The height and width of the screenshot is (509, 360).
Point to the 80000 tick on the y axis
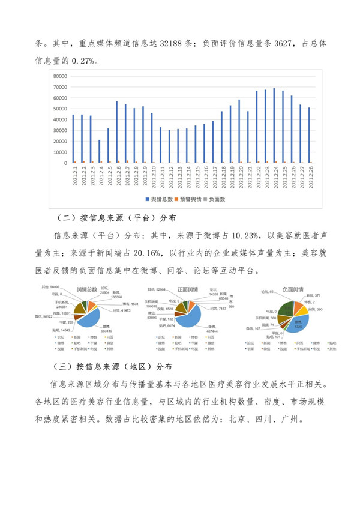[59, 76]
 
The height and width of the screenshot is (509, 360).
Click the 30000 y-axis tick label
[59, 130]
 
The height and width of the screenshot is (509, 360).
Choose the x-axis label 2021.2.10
[152, 178]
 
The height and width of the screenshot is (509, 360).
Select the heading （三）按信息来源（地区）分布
[114, 365]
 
